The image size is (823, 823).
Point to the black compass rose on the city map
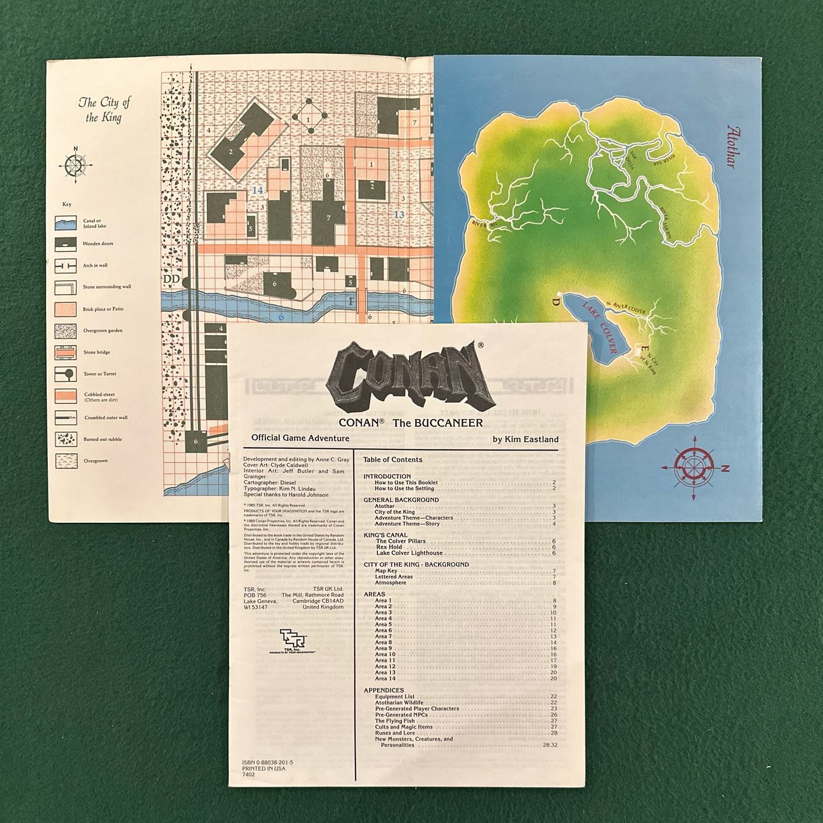pyautogui.click(x=75, y=165)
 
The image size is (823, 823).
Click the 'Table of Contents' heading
pyautogui.click(x=392, y=460)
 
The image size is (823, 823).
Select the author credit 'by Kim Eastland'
pyautogui.click(x=525, y=439)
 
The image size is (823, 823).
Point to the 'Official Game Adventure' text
pyautogui.click(x=300, y=438)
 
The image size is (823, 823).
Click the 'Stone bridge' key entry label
pyautogui.click(x=97, y=353)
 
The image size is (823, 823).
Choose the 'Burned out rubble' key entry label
pyautogui.click(x=103, y=439)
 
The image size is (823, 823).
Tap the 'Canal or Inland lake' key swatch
pyautogui.click(x=65, y=223)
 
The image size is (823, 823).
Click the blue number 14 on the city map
pyautogui.click(x=257, y=191)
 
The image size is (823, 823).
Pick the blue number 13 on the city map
pyautogui.click(x=399, y=214)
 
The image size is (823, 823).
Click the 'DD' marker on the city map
pyautogui.click(x=171, y=279)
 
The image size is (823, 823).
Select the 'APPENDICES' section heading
pyautogui.click(x=383, y=690)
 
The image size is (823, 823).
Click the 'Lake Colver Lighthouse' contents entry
pyautogui.click(x=409, y=553)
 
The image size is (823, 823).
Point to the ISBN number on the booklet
pyautogui.click(x=267, y=762)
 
